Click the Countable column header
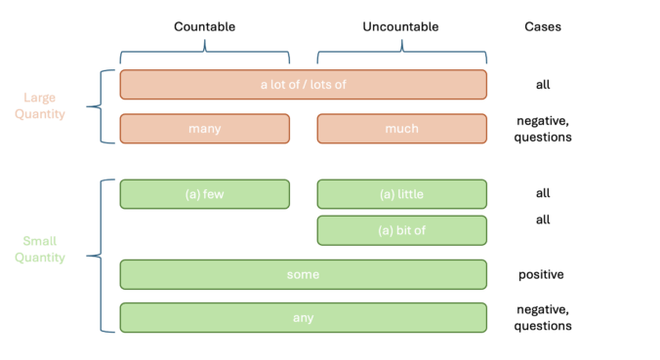coord(204,26)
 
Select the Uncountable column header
coord(401,26)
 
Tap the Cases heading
coord(543,26)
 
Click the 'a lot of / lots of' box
coord(303,85)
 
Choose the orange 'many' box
coord(204,129)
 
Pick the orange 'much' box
coord(401,129)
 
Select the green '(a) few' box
coord(204,194)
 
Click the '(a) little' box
coord(401,194)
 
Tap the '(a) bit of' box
coord(401,230)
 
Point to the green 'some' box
coord(303,274)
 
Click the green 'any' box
coord(303,317)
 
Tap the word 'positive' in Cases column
coord(542,274)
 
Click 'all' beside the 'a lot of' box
coord(543,85)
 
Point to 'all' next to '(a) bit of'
coord(543,220)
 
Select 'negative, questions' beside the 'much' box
coord(543,129)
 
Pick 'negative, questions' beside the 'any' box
coord(543,317)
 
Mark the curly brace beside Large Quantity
coord(96,106)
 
